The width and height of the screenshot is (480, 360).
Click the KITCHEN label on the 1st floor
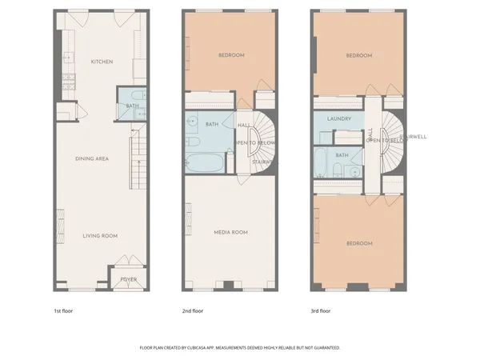click(102, 62)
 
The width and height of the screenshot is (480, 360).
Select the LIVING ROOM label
click(102, 235)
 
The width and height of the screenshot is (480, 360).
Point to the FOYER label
click(128, 279)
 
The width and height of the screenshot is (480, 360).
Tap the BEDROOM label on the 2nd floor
click(231, 55)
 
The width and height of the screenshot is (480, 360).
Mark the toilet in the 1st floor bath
click(138, 114)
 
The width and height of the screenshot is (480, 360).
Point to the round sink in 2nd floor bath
click(193, 122)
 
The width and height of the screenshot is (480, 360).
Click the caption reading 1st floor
click(64, 310)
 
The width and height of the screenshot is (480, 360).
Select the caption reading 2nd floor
click(193, 310)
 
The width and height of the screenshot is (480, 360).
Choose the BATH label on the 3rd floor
click(342, 155)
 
